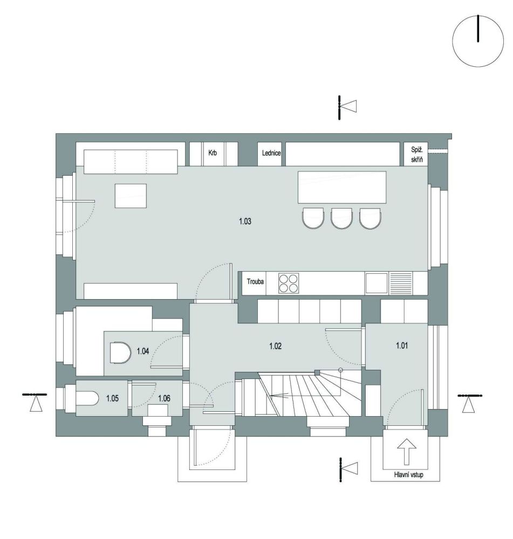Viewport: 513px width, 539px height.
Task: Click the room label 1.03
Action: click(x=245, y=221)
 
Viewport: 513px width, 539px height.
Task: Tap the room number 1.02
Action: click(x=275, y=346)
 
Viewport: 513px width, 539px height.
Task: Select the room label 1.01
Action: click(x=402, y=345)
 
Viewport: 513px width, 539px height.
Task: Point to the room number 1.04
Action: click(x=143, y=351)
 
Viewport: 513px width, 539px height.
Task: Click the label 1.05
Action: click(x=112, y=398)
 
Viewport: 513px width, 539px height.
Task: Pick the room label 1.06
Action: click(x=164, y=398)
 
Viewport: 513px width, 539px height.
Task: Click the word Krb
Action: click(x=213, y=153)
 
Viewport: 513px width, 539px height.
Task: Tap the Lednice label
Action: click(x=271, y=153)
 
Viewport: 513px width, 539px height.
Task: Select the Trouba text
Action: click(x=255, y=281)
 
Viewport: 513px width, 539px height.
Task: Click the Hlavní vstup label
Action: click(x=408, y=475)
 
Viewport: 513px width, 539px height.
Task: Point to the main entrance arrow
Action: click(x=407, y=451)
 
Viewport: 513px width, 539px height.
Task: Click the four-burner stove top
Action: click(x=288, y=283)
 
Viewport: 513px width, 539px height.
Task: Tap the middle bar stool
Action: click(x=341, y=218)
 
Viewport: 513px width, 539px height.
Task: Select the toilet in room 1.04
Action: click(x=120, y=353)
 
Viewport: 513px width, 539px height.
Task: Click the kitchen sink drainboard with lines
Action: click(x=400, y=284)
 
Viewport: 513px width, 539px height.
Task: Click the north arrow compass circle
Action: click(x=477, y=41)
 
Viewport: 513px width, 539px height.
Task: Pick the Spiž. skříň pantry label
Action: click(x=416, y=154)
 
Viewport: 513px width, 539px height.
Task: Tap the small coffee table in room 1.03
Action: click(x=131, y=196)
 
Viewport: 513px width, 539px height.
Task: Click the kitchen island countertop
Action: click(x=341, y=188)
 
